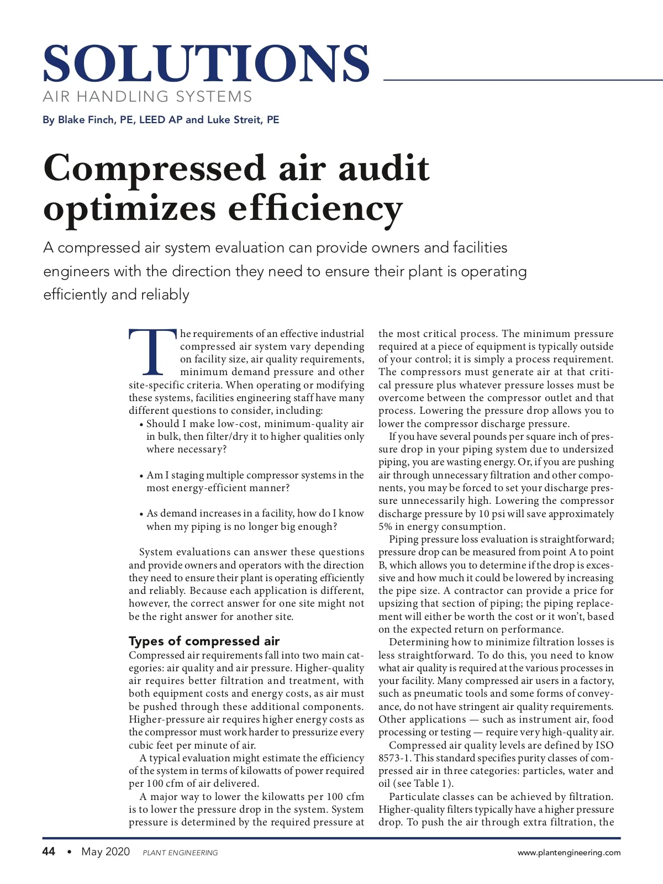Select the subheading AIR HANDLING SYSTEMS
pos(148,97)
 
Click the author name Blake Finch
pos(86,120)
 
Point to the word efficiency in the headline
pos(315,209)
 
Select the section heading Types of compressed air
pos(204,641)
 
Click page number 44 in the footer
pos(49,851)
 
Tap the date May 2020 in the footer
pos(106,851)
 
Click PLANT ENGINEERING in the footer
pos(180,853)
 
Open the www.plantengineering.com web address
pos(569,853)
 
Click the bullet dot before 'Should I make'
pos(141,424)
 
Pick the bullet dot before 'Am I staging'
pos(141,476)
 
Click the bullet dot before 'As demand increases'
pos(141,514)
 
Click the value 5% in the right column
pos(385,527)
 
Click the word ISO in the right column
pos(604,745)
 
